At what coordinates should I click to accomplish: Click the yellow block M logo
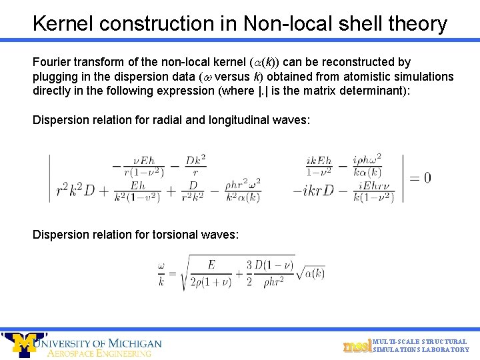[25, 344]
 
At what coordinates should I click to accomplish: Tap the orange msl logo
[356, 345]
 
